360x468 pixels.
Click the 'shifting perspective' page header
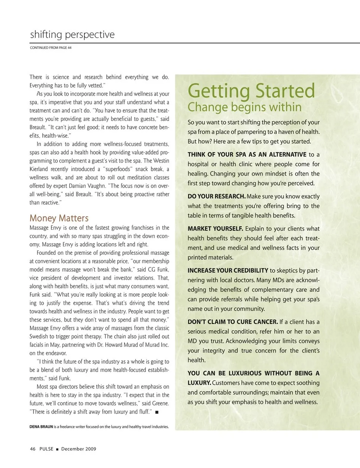(x=72, y=35)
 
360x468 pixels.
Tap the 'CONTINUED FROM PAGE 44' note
(x=51, y=48)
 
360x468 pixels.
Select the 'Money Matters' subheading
(x=59, y=218)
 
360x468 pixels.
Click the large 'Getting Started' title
(x=251, y=91)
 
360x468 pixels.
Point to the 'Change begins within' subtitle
(x=244, y=107)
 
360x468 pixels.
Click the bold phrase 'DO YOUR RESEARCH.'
(x=216, y=196)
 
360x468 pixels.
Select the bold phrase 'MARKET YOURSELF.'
(x=215, y=229)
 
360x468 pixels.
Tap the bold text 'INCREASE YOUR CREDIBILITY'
(x=228, y=271)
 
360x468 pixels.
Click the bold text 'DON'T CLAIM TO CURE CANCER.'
(x=232, y=322)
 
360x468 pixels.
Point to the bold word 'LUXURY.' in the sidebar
(x=199, y=383)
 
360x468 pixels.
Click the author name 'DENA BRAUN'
(x=41, y=427)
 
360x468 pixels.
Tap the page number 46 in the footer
(x=33, y=449)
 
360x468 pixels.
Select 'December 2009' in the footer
(x=78, y=449)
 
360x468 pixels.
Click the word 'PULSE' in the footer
(x=46, y=449)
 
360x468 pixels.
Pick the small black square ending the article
(x=156, y=412)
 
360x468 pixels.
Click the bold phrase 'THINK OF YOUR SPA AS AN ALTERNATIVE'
(x=247, y=155)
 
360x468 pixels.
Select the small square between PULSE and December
(x=57, y=449)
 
